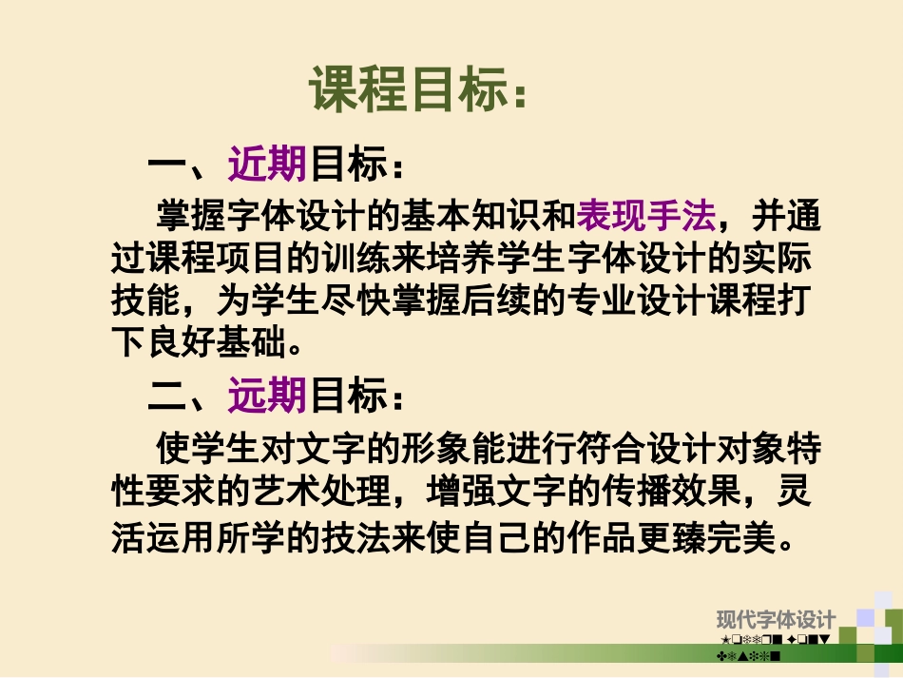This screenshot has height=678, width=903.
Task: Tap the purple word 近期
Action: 267,165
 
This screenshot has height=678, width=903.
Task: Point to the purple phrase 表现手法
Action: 645,217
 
